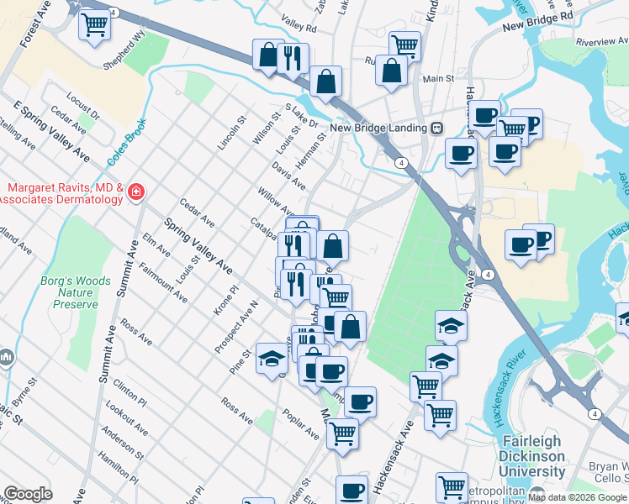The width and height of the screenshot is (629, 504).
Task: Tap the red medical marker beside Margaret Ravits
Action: pyautogui.click(x=135, y=194)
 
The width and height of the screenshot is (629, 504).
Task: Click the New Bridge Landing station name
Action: pyautogui.click(x=379, y=128)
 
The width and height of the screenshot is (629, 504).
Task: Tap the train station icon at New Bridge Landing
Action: pyautogui.click(x=437, y=128)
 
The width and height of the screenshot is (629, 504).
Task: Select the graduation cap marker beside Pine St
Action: pyautogui.click(x=272, y=358)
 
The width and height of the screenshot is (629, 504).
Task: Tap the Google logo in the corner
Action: pyautogui.click(x=28, y=494)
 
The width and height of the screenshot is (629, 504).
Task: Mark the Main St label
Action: pyautogui.click(x=438, y=79)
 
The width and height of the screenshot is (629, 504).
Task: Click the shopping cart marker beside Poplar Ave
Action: pyautogui.click(x=342, y=433)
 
